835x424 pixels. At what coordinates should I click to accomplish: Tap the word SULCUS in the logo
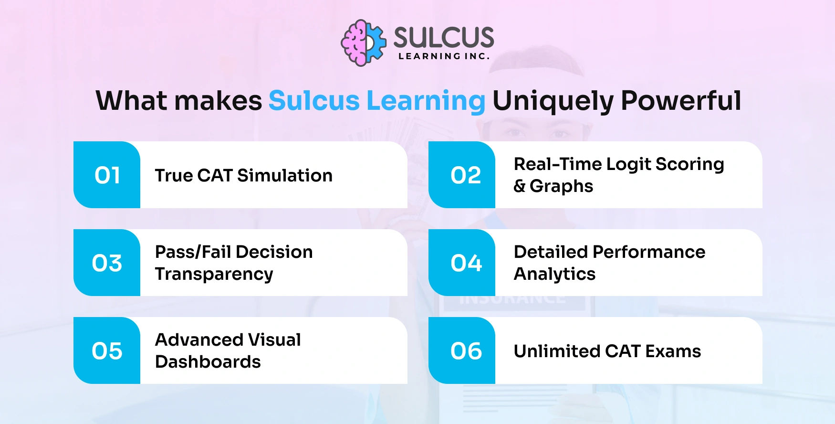click(x=443, y=37)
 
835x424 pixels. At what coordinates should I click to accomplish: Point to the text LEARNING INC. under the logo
click(x=444, y=56)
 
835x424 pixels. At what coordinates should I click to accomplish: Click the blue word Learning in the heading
click(x=426, y=101)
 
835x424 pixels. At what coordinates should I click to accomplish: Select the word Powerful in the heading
click(x=681, y=101)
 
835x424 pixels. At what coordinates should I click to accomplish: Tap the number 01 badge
click(x=107, y=175)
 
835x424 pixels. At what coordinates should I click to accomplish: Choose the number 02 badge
click(x=465, y=175)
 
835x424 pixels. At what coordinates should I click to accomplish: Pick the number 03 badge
click(x=107, y=263)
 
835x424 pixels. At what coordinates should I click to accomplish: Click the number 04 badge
click(x=466, y=263)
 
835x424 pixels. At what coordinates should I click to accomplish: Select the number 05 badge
click(x=107, y=351)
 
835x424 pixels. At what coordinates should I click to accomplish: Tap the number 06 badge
click(x=466, y=351)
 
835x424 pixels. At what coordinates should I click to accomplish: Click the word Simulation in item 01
click(x=285, y=176)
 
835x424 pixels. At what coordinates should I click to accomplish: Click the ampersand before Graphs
click(x=520, y=186)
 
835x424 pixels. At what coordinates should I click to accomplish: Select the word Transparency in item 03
click(x=214, y=275)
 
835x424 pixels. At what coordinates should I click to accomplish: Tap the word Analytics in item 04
click(x=554, y=275)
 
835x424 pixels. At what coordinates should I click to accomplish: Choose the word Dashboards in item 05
click(x=208, y=362)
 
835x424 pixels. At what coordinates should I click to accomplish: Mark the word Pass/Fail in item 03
click(x=193, y=252)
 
